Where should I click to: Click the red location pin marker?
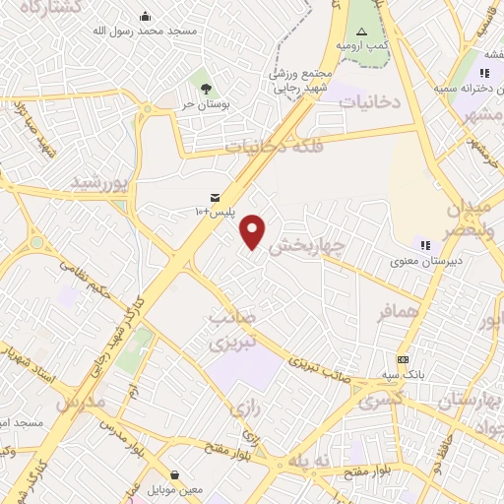point(254,231)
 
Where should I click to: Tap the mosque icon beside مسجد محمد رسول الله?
point(147,16)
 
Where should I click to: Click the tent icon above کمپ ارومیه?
point(361,31)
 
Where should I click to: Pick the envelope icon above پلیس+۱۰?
point(215,197)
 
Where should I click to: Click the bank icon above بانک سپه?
point(404,359)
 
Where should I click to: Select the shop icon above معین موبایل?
point(174,473)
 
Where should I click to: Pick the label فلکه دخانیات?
point(269,148)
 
